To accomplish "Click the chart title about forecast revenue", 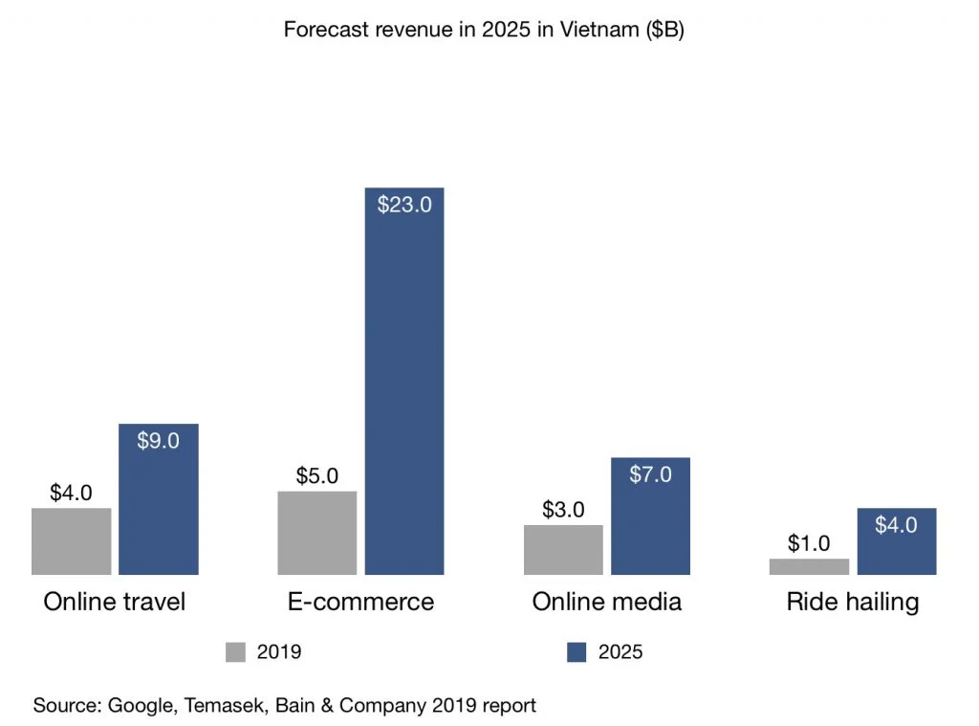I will pyautogui.click(x=484, y=30).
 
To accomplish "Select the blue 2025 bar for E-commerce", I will pyautogui.click(x=404, y=402).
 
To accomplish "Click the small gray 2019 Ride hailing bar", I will pyautogui.click(x=809, y=566).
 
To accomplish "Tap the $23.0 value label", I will pyautogui.click(x=404, y=205).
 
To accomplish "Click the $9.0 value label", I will pyautogui.click(x=159, y=441).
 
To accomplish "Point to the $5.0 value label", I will pyautogui.click(x=317, y=475).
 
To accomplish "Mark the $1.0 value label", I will pyautogui.click(x=809, y=543).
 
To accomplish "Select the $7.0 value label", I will pyautogui.click(x=650, y=474).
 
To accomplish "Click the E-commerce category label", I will pyautogui.click(x=360, y=602).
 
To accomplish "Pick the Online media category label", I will pyautogui.click(x=606, y=602).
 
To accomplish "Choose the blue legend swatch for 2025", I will pyautogui.click(x=577, y=652).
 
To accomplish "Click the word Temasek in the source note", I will pyautogui.click(x=229, y=706).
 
